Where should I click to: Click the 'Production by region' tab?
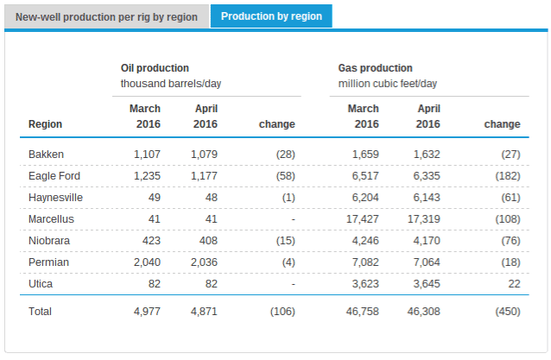point(270,17)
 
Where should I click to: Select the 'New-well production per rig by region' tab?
point(106,17)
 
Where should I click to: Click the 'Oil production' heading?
point(155,67)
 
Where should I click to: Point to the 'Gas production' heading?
point(375,67)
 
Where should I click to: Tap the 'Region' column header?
point(45,124)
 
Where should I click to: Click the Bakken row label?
point(47,155)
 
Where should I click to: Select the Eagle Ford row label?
point(54,176)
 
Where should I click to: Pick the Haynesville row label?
point(55,198)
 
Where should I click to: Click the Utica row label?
point(41,283)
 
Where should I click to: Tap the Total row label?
point(41,311)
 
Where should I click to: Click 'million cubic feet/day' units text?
point(387,83)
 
